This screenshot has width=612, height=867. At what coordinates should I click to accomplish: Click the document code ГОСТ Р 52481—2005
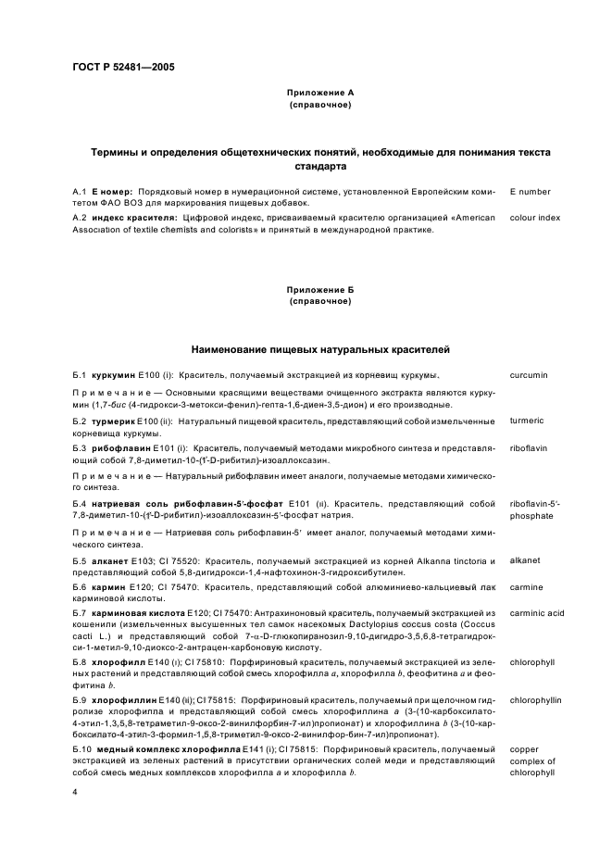click(123, 68)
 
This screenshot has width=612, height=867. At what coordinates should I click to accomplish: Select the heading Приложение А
click(319, 94)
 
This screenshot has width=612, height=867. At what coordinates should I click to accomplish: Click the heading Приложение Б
click(319, 290)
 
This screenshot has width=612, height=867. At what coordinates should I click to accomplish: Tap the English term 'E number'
click(530, 192)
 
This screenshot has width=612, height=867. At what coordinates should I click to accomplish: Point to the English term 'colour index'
click(535, 217)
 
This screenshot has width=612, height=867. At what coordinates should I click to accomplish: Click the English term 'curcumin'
click(529, 375)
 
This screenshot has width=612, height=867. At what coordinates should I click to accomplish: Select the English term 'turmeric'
click(527, 421)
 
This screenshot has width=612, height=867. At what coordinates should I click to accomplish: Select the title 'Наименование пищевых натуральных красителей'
click(319, 350)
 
